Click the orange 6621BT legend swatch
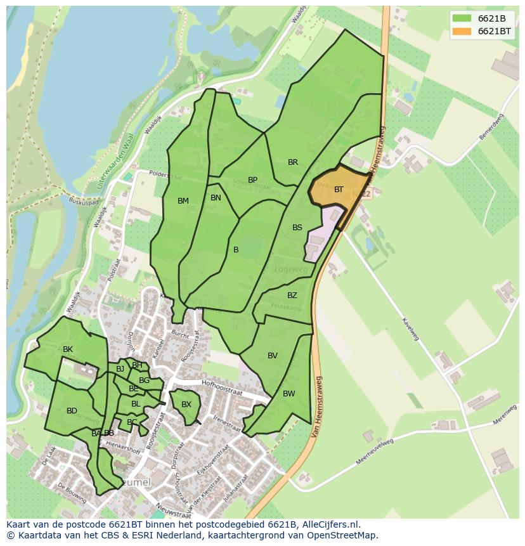[461, 31]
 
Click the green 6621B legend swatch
[461, 18]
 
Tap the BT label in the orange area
[339, 190]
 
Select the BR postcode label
[292, 162]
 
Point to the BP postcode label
[252, 180]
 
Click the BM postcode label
[183, 201]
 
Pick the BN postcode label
[216, 198]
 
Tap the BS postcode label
[297, 228]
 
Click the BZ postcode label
[292, 296]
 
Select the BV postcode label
[272, 356]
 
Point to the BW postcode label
[288, 394]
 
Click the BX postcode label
[186, 405]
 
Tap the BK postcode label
[68, 349]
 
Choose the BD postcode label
[72, 411]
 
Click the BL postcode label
[136, 404]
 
